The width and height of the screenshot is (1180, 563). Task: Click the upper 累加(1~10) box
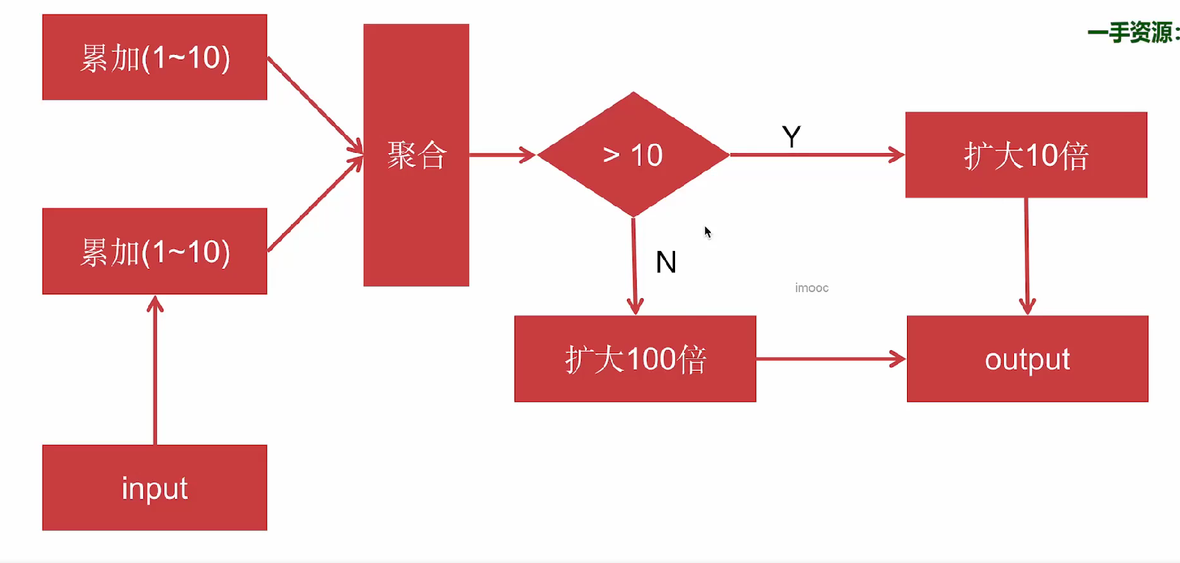[154, 58]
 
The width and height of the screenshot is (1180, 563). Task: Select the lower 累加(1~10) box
[154, 252]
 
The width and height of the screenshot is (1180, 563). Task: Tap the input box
[154, 488]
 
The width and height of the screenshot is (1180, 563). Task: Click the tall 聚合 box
[416, 155]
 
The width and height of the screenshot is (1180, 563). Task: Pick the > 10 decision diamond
[633, 155]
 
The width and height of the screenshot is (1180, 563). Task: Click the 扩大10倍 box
[1026, 155]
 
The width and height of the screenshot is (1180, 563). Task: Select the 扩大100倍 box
[635, 359]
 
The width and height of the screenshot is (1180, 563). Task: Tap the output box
[1027, 359]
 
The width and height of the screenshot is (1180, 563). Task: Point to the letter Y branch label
[791, 137]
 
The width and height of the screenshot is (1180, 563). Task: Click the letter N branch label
[665, 262]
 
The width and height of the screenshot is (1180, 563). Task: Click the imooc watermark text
[812, 288]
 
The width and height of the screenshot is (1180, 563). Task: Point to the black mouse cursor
[707, 232]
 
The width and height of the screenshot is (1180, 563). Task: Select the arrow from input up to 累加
[155, 370]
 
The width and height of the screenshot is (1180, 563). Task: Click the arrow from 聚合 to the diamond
[501, 155]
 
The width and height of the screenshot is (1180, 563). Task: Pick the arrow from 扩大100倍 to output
[830, 359]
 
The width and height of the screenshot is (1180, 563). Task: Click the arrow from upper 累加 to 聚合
[314, 104]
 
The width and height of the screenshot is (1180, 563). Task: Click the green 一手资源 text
[1132, 32]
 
